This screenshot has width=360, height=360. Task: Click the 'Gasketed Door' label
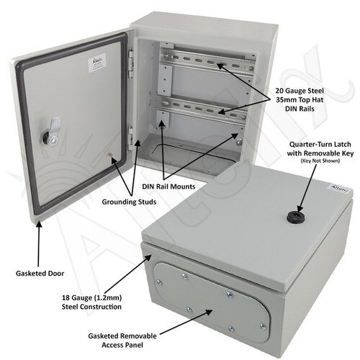(x=40, y=274)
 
